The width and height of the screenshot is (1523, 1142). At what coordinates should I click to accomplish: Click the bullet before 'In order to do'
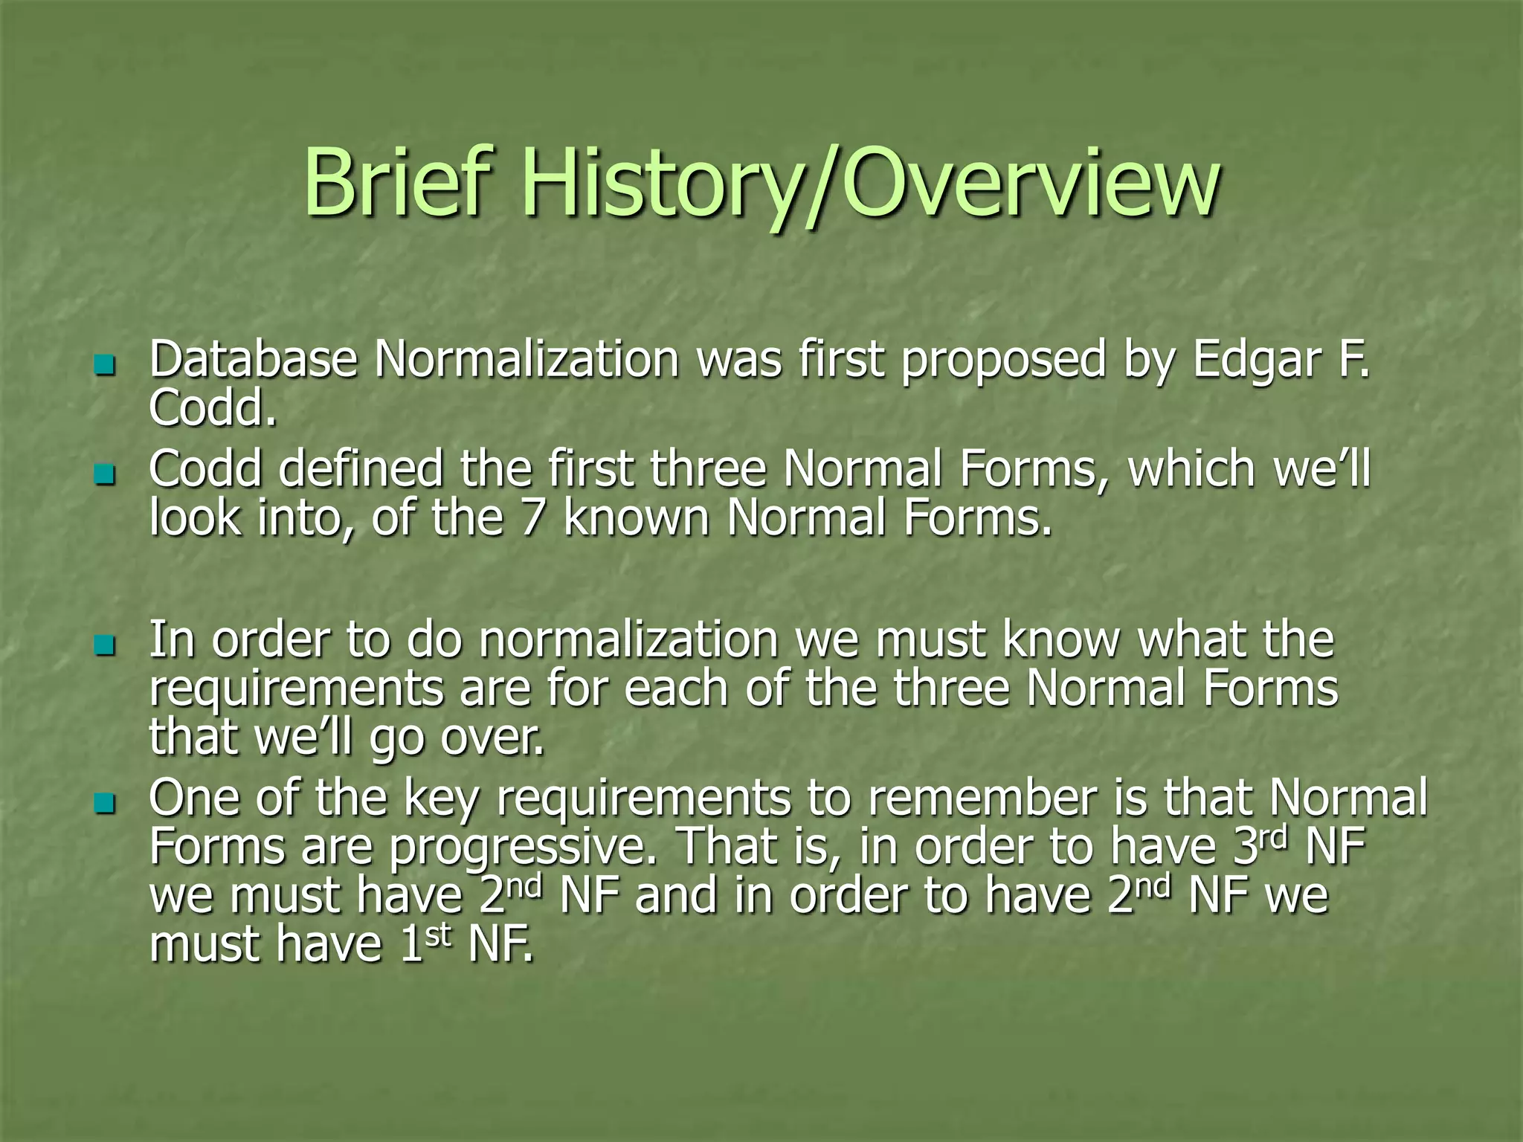pyautogui.click(x=106, y=645)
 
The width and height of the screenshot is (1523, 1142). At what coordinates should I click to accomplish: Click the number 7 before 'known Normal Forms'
pyautogui.click(x=532, y=517)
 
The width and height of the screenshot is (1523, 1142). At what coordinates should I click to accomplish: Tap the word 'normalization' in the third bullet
pyautogui.click(x=628, y=640)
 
